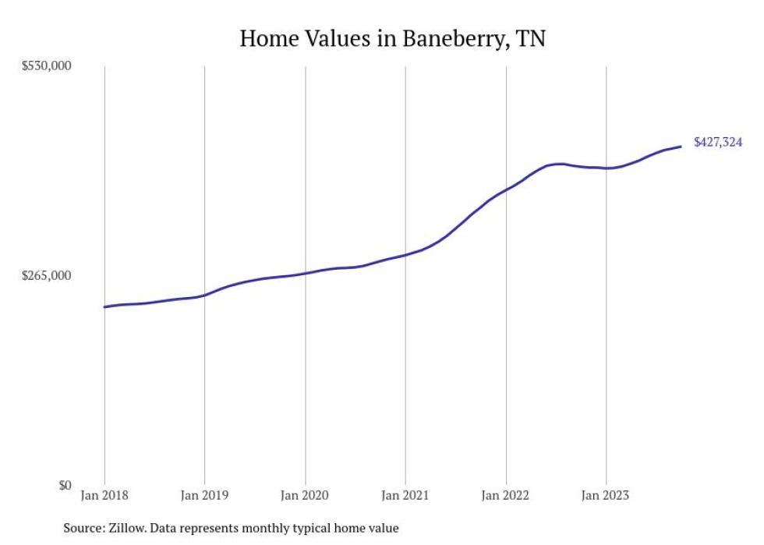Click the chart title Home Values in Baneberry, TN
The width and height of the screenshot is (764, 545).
tap(392, 38)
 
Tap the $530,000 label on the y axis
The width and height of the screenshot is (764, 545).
tap(46, 65)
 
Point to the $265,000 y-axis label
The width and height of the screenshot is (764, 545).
tap(46, 275)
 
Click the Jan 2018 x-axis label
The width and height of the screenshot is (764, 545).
tap(104, 495)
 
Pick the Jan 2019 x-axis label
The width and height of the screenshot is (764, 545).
tap(204, 495)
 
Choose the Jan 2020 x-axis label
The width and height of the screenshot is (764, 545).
tap(305, 495)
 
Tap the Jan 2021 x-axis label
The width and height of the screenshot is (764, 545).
tap(405, 495)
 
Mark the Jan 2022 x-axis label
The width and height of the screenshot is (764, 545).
tap(506, 495)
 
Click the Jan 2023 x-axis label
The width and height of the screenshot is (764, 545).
tap(606, 495)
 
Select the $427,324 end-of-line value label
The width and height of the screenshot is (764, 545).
tap(718, 143)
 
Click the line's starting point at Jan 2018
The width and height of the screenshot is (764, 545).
tap(104, 307)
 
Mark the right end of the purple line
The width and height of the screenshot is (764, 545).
tap(681, 147)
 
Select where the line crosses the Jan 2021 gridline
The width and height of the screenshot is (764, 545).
tap(405, 255)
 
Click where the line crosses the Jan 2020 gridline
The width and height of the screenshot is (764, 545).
tap(305, 273)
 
